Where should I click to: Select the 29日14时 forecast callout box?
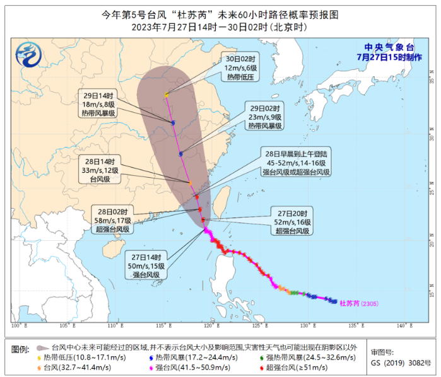point(99,103)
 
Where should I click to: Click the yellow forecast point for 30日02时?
point(167,95)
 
